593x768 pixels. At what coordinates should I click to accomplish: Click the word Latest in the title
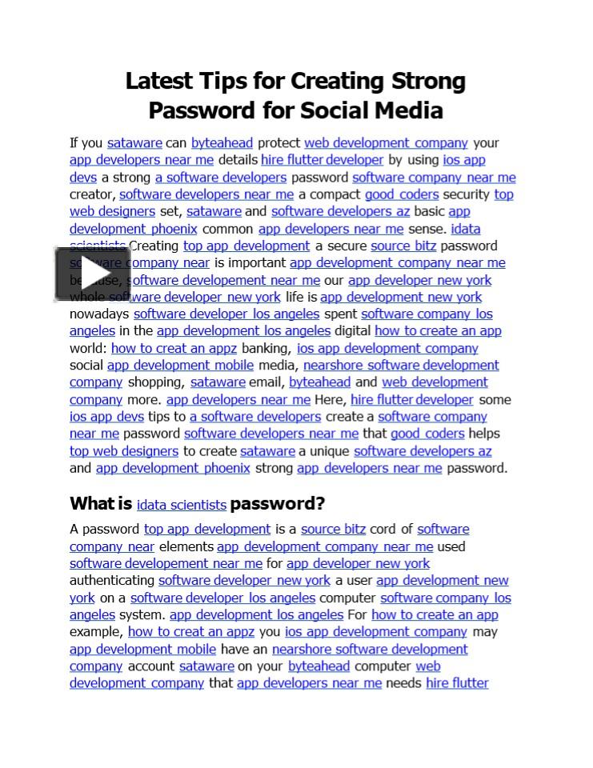pos(159,82)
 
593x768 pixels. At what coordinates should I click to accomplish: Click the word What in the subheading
pos(91,503)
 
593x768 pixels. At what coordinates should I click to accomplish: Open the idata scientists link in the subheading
pos(182,505)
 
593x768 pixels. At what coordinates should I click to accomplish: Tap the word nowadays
pos(99,314)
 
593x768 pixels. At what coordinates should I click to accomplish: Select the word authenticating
pos(112,581)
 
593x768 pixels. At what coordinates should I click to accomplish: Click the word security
pos(467,194)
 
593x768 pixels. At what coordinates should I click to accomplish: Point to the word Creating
pos(154,246)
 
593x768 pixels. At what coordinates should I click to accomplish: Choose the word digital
pos(352,331)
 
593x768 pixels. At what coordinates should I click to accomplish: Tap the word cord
pos(383,530)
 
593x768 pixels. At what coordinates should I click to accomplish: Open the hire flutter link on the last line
pos(457,683)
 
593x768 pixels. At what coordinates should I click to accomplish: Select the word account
pos(150,666)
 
